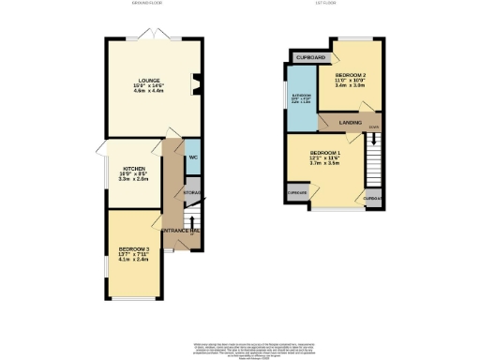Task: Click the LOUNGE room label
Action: [x=148, y=81]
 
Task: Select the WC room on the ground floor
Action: [x=191, y=157]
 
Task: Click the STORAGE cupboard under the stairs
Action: [x=191, y=193]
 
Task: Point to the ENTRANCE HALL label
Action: [x=181, y=230]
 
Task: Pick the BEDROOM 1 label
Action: [x=325, y=152]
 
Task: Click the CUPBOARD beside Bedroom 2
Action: [x=305, y=57]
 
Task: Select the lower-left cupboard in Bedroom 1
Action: [x=299, y=191]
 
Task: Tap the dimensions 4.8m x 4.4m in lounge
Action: [x=148, y=93]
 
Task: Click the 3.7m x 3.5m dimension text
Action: [x=325, y=164]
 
